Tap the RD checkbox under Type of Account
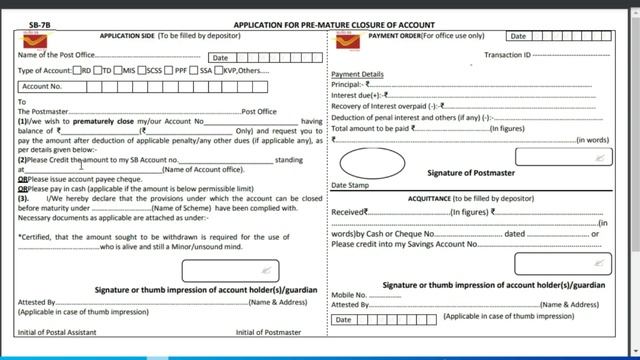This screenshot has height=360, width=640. [78, 70]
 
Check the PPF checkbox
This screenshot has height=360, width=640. [170, 70]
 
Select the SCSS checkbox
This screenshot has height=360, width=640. [142, 70]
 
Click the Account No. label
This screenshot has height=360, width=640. [43, 87]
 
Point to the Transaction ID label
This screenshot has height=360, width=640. [505, 55]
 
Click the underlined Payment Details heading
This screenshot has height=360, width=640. [357, 74]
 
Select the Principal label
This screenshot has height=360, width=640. [349, 84]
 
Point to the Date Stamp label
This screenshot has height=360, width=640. [351, 186]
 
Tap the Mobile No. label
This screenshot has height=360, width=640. [349, 296]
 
